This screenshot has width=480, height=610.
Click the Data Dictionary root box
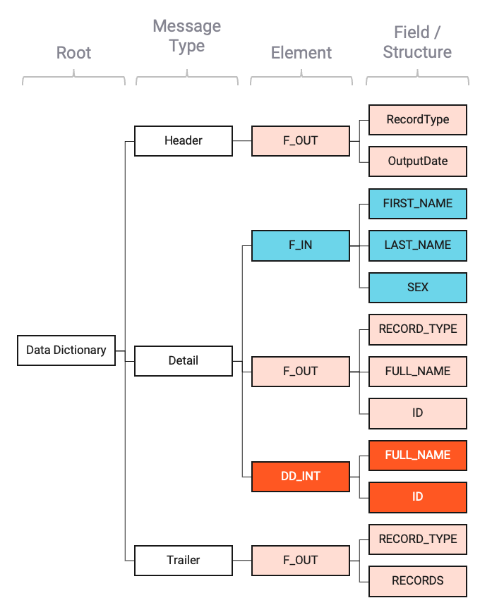66,350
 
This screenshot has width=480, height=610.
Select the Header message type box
184,140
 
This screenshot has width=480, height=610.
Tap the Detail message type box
184,360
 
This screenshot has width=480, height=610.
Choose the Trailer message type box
184,560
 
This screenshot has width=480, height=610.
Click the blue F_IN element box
301,245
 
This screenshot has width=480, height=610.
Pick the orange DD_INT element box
301,476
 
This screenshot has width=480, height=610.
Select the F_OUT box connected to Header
301,140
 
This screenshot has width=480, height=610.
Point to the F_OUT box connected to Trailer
301,560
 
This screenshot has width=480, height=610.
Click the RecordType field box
418,119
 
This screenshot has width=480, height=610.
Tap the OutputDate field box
418,161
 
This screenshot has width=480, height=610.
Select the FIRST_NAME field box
418,203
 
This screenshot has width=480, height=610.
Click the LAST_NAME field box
418,245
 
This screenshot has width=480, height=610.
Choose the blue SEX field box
418,287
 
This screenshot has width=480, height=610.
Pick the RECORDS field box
418,581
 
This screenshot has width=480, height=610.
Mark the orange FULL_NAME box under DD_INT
418,455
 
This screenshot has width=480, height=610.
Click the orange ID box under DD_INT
418,497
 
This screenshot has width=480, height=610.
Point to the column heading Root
74,53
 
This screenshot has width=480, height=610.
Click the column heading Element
301,53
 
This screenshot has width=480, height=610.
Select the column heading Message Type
187,37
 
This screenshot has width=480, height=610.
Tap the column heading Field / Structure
417,42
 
